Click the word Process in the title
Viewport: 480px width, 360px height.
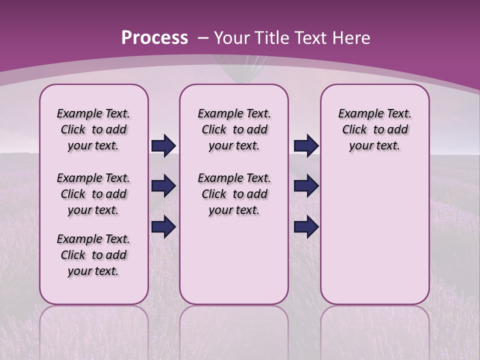coord(154,38)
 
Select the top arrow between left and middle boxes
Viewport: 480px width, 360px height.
coord(163,146)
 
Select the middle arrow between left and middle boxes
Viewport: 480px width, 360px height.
coord(163,186)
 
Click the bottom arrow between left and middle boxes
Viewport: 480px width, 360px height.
coord(163,226)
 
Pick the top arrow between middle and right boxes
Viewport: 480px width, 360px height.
coord(306,146)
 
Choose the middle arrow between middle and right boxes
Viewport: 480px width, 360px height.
coord(306,186)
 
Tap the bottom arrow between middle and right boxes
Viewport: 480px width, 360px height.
coord(306,226)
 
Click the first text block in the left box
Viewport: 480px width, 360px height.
coord(93,129)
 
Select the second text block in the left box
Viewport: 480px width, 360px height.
coord(93,194)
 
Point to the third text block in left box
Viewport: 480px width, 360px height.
coord(93,255)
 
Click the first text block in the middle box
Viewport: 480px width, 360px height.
coord(234,129)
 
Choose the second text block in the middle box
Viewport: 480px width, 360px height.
coord(234,194)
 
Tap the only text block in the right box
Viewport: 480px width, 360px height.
coord(374,129)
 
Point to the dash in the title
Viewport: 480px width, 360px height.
coord(203,38)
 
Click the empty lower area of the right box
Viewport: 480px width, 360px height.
coord(374,240)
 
